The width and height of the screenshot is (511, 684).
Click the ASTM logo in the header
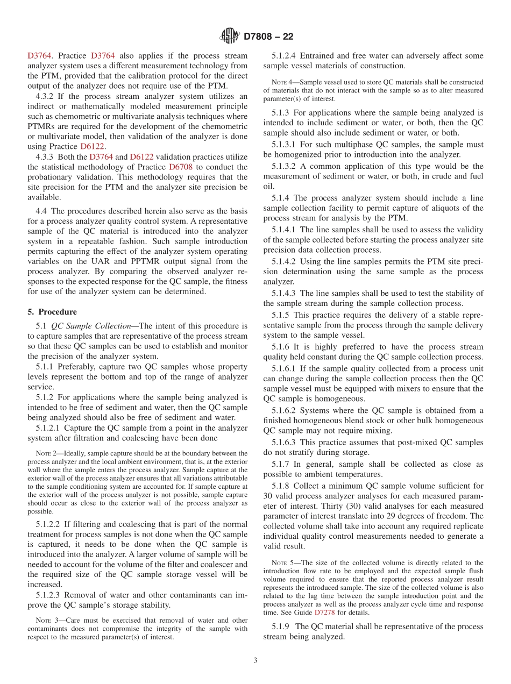230,36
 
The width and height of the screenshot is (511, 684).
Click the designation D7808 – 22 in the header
268,37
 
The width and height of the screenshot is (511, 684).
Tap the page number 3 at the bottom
256,661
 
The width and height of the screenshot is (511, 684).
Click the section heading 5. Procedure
52,312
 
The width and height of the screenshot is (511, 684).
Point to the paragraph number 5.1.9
282,626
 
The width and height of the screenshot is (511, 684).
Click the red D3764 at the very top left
40,55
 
